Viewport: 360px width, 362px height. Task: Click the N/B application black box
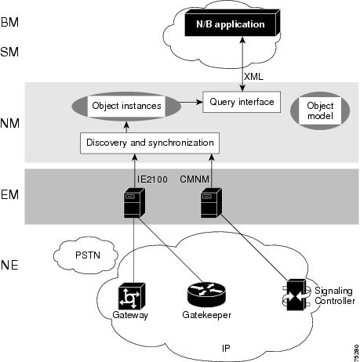(x=232, y=23)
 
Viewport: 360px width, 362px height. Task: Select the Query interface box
(x=242, y=102)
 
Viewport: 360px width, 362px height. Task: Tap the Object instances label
(x=126, y=106)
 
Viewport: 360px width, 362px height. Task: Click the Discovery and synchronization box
(x=150, y=143)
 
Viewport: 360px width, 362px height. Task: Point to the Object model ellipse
(x=320, y=110)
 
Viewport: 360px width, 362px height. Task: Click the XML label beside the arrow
(x=253, y=77)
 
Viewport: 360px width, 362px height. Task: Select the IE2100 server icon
(x=134, y=203)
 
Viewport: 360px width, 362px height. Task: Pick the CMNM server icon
(x=211, y=203)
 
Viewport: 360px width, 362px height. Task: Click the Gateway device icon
(x=132, y=296)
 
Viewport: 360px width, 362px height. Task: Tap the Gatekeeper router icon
(x=206, y=295)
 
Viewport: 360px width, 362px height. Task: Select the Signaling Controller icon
(x=296, y=295)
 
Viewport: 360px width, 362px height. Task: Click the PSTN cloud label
(x=88, y=255)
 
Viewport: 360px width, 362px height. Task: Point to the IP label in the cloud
(x=226, y=348)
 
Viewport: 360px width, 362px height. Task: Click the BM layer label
(x=9, y=22)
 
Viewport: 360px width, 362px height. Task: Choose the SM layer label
(x=9, y=52)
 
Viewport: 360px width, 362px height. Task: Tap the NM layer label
(x=10, y=123)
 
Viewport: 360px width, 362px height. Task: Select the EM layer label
(x=9, y=194)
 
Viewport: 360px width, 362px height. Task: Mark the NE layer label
(x=9, y=265)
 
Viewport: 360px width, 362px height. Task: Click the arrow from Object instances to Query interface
(x=191, y=102)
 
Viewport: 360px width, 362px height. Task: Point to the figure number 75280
(x=357, y=353)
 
